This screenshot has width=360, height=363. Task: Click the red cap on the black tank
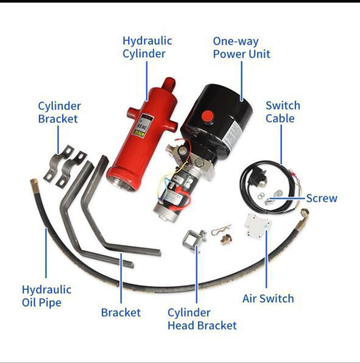coord(207,116)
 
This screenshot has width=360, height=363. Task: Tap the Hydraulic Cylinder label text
coord(147,48)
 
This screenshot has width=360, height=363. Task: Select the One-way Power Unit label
coord(241,48)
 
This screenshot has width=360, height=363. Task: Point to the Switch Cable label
coord(283,112)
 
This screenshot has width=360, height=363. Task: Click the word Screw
coord(322,198)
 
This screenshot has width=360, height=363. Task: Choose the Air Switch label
coord(268,298)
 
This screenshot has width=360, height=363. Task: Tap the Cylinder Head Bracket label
coord(202,319)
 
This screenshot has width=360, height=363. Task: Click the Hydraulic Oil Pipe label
coord(46,296)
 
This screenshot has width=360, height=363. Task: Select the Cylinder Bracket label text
coord(59,113)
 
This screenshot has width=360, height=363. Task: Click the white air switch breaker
coord(258,225)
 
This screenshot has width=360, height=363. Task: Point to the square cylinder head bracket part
coord(194,239)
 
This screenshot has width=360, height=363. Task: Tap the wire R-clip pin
coord(221,230)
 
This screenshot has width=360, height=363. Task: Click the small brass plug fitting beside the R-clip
coord(225,240)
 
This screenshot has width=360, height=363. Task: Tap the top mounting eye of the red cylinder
coord(169,84)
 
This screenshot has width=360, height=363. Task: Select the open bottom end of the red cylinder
coord(122,181)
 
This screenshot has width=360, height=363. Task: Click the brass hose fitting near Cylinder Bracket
coord(35,183)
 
